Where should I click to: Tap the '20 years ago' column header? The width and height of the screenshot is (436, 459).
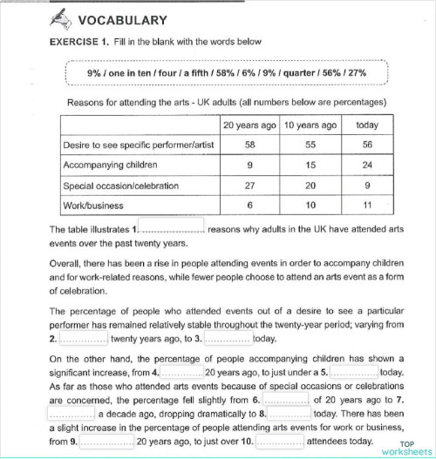(250, 125)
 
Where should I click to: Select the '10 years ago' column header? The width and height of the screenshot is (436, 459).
(310, 125)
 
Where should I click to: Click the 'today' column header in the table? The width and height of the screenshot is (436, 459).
(367, 125)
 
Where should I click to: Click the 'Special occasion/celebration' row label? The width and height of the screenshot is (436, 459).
(120, 186)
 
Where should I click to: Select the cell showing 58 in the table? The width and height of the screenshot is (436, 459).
(250, 145)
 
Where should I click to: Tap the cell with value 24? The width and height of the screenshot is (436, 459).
(367, 165)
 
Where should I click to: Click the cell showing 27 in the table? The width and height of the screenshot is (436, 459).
(250, 186)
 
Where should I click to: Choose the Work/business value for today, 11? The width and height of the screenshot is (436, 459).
(367, 206)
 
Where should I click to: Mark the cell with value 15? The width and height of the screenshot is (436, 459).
(310, 165)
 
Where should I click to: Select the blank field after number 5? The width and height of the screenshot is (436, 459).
(354, 371)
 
